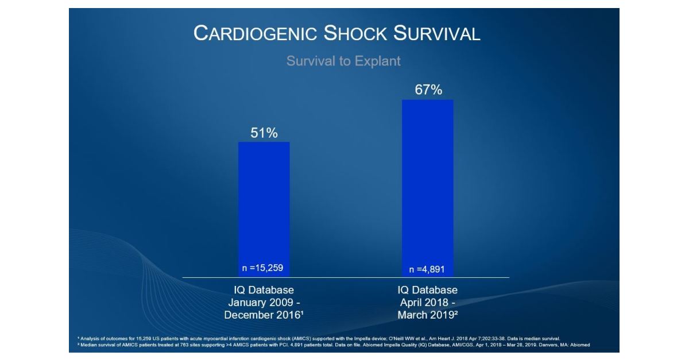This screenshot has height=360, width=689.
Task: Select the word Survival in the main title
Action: point(436,33)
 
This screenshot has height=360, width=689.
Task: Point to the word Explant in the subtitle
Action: point(377,61)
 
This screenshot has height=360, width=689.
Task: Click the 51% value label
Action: point(264,133)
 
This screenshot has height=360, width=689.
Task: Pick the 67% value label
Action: point(428,90)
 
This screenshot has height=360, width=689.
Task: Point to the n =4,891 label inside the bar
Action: point(428,269)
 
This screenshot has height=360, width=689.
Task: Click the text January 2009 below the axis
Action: point(260,303)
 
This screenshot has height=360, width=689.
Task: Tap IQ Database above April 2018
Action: point(428,290)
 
